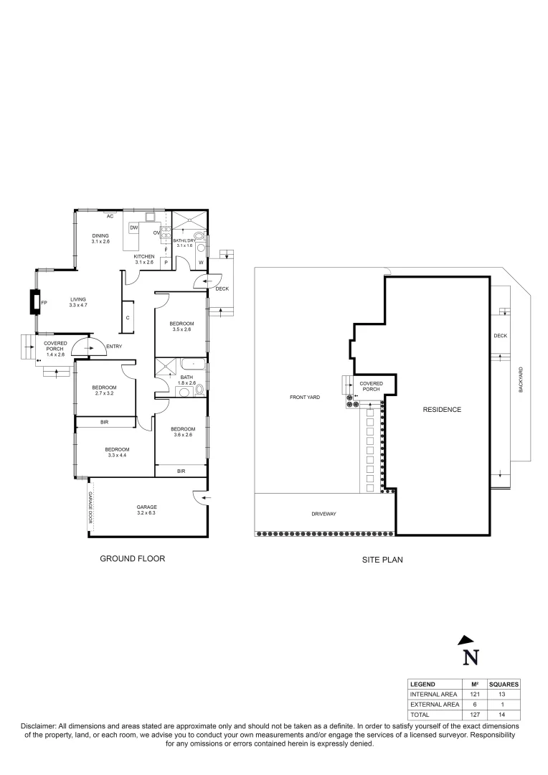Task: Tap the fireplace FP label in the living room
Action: (x=44, y=303)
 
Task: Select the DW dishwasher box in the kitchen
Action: (x=134, y=227)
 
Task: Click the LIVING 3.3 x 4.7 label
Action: (x=78, y=303)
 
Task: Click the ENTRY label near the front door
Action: (x=113, y=347)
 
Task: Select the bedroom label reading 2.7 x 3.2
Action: (x=105, y=391)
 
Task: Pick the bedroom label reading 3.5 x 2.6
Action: (x=181, y=327)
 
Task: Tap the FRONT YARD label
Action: (x=305, y=397)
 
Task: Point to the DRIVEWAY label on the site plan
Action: (x=324, y=514)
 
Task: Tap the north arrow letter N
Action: (x=470, y=657)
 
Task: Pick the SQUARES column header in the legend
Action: (x=504, y=685)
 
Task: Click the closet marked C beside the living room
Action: (x=128, y=316)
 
